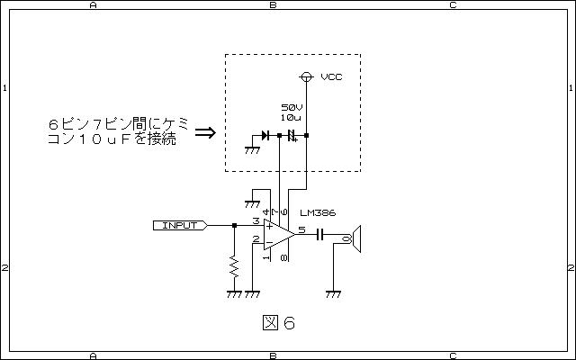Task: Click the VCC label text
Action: [x=331, y=76]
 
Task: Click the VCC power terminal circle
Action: [x=306, y=76]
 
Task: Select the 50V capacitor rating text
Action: [x=292, y=107]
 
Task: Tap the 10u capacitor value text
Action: [x=291, y=118]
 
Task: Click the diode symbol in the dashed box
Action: [x=265, y=136]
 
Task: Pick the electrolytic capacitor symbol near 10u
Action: [x=292, y=136]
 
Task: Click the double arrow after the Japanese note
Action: [x=205, y=132]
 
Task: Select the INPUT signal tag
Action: [x=180, y=225]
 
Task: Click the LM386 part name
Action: [x=318, y=213]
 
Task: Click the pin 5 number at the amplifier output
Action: [x=301, y=230]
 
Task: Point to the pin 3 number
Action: [x=256, y=221]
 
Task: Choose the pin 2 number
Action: [x=256, y=239]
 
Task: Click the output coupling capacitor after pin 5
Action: [x=320, y=234]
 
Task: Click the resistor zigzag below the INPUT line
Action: [x=234, y=267]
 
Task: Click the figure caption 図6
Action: [x=279, y=323]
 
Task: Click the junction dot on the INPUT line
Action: [x=234, y=225]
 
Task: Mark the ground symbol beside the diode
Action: [x=252, y=150]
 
